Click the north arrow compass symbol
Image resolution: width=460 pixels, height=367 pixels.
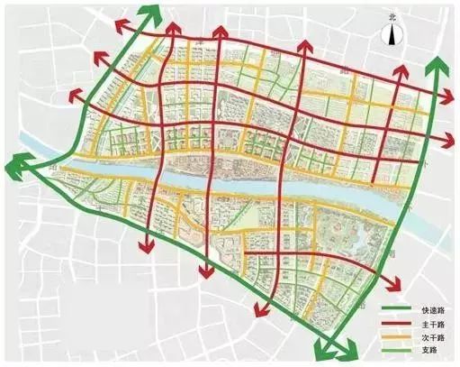coord(392,35)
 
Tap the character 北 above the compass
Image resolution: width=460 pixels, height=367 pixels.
coord(392,17)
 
